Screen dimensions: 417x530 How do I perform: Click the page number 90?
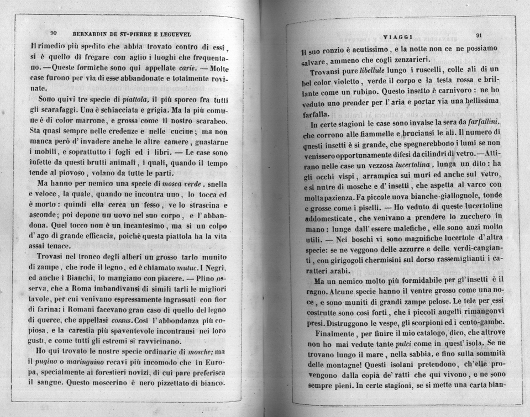53,33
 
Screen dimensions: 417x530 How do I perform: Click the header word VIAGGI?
397,36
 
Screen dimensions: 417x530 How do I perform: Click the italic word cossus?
139,320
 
